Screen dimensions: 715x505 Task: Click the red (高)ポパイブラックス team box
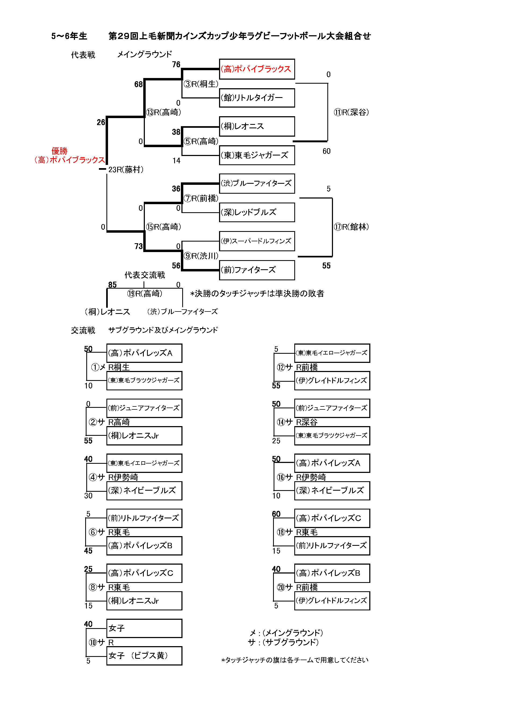pyautogui.click(x=257, y=69)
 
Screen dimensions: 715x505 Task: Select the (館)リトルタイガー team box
pyautogui.click(x=257, y=98)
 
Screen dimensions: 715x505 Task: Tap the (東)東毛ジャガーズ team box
pyautogui.click(x=257, y=155)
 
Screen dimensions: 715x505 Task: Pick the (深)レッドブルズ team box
pyautogui.click(x=257, y=213)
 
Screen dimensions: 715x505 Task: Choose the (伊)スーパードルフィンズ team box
pyautogui.click(x=257, y=241)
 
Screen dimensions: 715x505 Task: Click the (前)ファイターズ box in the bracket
pyautogui.click(x=257, y=270)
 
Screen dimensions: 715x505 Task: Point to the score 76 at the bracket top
pyautogui.click(x=176, y=65)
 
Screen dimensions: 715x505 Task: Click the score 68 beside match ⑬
pyautogui.click(x=138, y=84)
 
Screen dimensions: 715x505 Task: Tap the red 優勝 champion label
pyautogui.click(x=59, y=151)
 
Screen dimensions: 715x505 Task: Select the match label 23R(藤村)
pyautogui.click(x=126, y=170)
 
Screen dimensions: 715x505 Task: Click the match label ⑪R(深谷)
pyautogui.click(x=351, y=112)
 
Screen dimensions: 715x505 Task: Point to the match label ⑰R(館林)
pyautogui.click(x=351, y=227)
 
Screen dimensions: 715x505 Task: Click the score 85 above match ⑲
pyautogui.click(x=112, y=285)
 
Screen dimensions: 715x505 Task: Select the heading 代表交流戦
pyautogui.click(x=145, y=275)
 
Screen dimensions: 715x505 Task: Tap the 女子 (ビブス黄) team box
pyautogui.click(x=144, y=656)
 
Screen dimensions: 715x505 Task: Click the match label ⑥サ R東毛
pyautogui.click(x=109, y=532)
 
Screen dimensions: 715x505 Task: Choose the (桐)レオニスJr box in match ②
pyautogui.click(x=144, y=436)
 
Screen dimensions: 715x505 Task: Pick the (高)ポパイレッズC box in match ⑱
pyautogui.click(x=332, y=518)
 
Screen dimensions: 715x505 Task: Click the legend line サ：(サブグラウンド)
pyautogui.click(x=283, y=642)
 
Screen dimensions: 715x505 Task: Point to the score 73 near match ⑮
pyautogui.click(x=138, y=246)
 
